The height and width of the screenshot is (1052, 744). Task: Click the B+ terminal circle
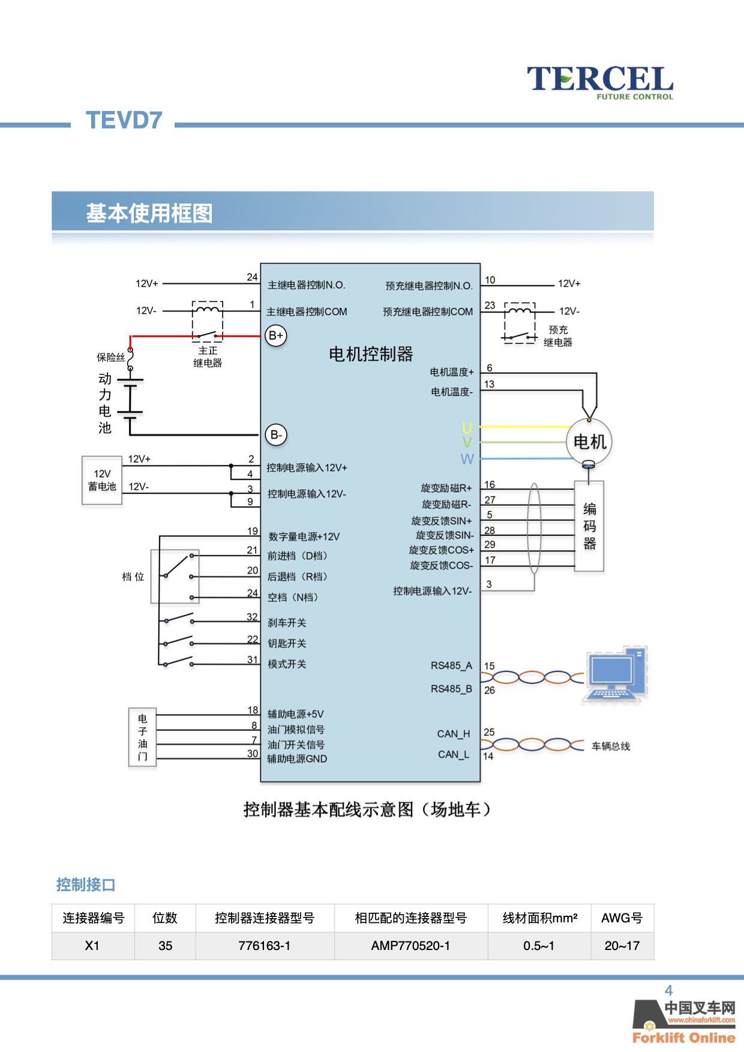[x=276, y=335]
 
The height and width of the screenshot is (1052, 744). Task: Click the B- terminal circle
[x=276, y=434]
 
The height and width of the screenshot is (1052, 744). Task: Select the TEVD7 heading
[x=124, y=120]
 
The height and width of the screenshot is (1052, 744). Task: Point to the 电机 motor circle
[x=589, y=442]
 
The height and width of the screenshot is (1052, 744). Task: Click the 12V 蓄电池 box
[x=102, y=480]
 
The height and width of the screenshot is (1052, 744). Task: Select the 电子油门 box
[x=142, y=737]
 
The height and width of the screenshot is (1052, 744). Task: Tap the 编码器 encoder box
[x=589, y=526]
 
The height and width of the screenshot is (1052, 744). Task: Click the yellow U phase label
[x=467, y=427]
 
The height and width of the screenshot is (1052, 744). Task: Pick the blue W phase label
[x=467, y=459]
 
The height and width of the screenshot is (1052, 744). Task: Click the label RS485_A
[x=451, y=666]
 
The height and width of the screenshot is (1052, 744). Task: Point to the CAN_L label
[x=454, y=754]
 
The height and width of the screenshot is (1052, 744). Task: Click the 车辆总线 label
[x=611, y=747]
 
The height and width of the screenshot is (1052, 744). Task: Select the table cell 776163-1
[x=265, y=946]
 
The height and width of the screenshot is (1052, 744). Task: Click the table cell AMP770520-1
[x=410, y=946]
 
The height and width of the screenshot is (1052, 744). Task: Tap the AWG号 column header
[x=622, y=918]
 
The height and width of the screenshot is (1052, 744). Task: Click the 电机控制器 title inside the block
[x=371, y=354]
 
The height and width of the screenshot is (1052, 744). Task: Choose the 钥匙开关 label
[x=287, y=643]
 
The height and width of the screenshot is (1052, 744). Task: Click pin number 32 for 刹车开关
[x=252, y=617]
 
